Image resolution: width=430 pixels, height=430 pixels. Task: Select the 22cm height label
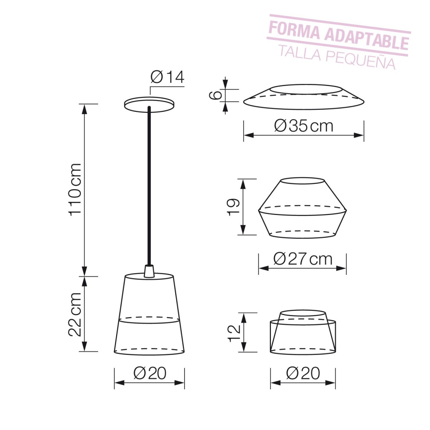coord(75,314)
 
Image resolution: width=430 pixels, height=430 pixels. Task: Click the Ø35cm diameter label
coord(304,126)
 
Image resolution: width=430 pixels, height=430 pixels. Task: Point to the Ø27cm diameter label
coord(303,259)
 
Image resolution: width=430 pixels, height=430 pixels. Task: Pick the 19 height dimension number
coord(234,207)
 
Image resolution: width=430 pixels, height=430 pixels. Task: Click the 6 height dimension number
coord(215,95)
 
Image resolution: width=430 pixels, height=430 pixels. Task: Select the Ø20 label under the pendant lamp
coord(150,373)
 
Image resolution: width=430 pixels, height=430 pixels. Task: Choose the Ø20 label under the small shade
coord(303,373)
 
